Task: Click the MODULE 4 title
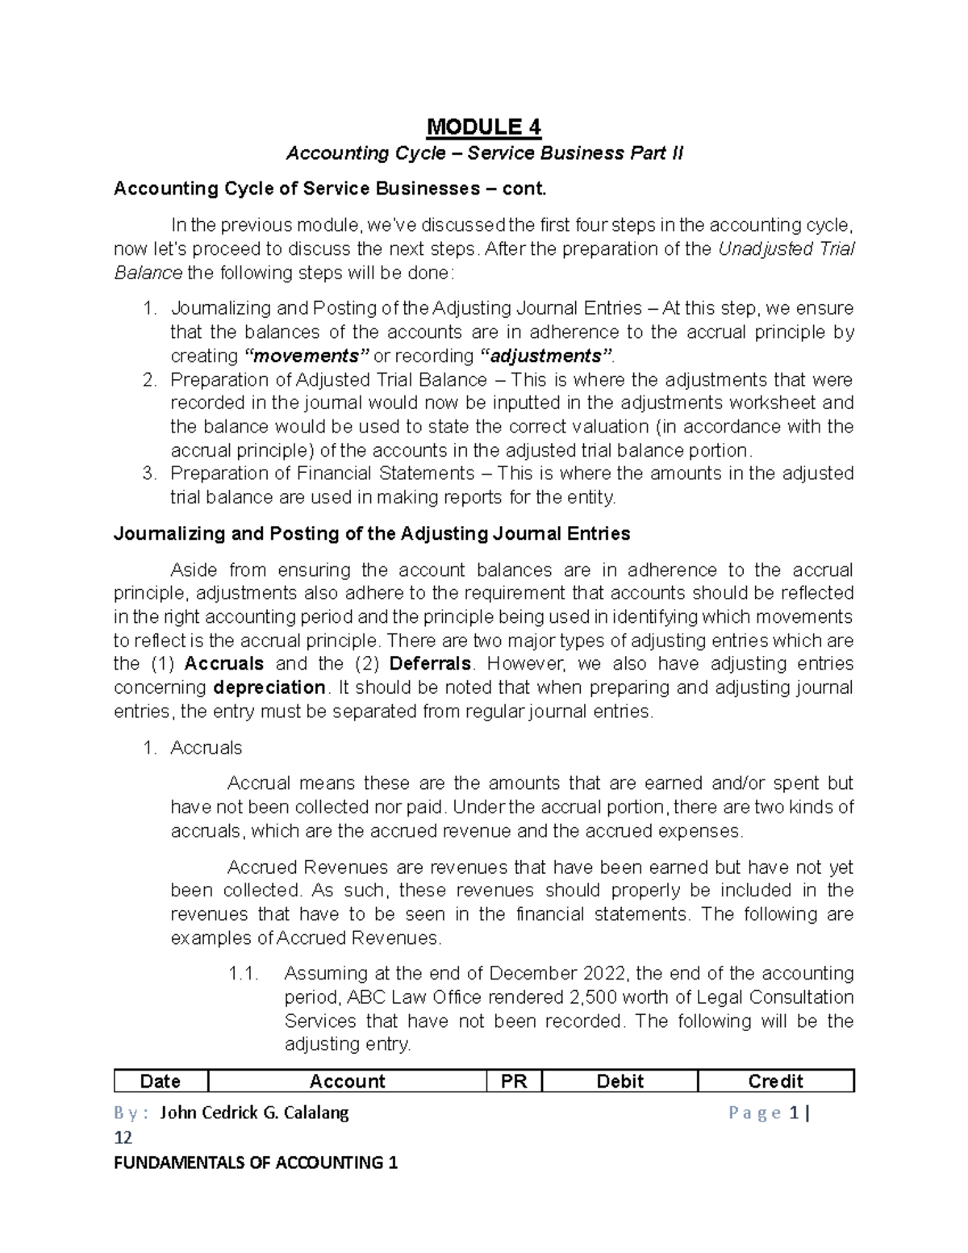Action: click(x=483, y=127)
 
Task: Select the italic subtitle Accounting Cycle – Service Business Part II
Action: click(x=484, y=153)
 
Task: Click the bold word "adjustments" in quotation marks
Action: click(x=546, y=356)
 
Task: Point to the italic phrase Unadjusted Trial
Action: click(x=786, y=249)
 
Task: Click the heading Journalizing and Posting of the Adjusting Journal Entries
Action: click(x=372, y=534)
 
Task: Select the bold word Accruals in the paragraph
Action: click(x=223, y=664)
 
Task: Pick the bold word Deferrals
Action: click(x=431, y=664)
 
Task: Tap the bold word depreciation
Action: click(x=269, y=687)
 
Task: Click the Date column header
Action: click(x=161, y=1081)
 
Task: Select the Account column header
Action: click(x=348, y=1081)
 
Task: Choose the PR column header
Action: click(x=514, y=1081)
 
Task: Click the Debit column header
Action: click(x=620, y=1081)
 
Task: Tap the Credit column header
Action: click(x=775, y=1081)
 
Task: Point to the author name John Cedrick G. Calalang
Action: click(x=254, y=1113)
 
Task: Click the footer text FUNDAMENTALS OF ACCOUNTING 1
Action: click(x=256, y=1163)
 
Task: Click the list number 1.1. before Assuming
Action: click(x=243, y=974)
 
